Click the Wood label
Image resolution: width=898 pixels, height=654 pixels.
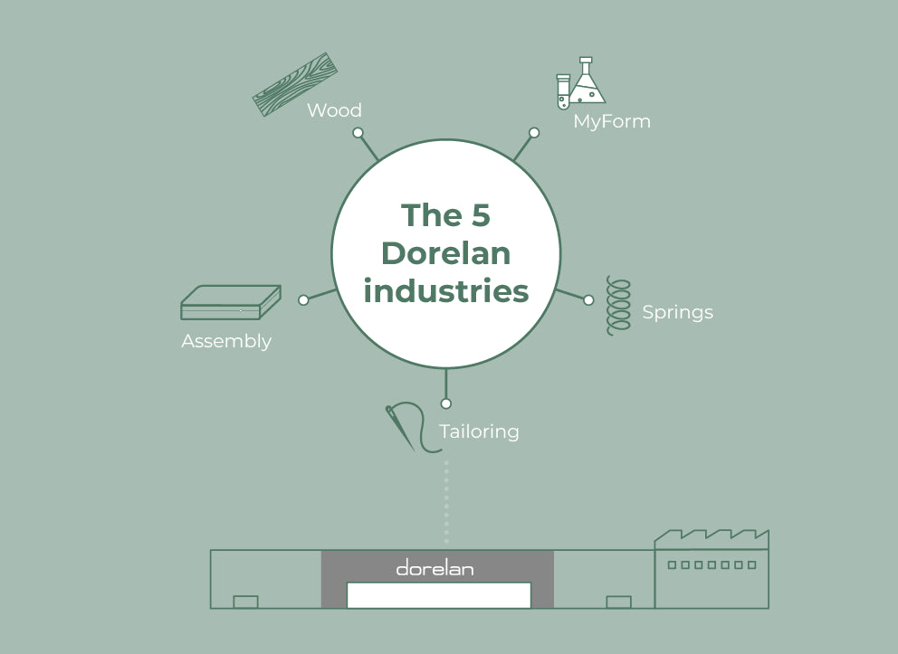(334, 110)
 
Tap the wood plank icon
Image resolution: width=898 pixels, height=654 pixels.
(294, 84)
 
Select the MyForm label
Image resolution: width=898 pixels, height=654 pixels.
(612, 121)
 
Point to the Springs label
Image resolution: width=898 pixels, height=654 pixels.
(677, 312)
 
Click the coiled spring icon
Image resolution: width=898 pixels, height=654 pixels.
(618, 306)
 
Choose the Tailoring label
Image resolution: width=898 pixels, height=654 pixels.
(479, 431)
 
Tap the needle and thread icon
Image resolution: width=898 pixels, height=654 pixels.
(404, 425)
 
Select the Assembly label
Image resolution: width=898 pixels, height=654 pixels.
(226, 341)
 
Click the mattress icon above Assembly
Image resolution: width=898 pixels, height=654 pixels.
(230, 302)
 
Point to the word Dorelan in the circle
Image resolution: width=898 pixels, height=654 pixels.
(445, 253)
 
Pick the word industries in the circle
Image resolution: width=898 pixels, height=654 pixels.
(445, 291)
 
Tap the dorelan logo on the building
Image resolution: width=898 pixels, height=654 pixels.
(435, 568)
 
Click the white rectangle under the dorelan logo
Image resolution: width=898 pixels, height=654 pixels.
(438, 594)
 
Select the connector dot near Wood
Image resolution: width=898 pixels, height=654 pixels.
(358, 132)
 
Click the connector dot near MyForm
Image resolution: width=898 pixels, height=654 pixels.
(534, 132)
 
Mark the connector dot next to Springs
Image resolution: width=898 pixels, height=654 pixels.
(588, 299)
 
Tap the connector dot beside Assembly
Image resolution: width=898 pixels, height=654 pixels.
(303, 299)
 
